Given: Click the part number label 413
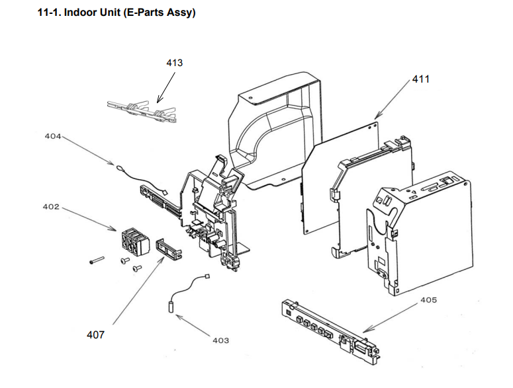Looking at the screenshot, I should point(174,63).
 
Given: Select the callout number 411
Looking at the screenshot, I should point(421,79).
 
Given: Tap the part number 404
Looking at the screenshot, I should point(52,136).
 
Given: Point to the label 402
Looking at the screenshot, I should point(51,207).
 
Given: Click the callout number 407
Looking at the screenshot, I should point(95,334).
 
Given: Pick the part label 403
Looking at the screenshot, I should point(220,340).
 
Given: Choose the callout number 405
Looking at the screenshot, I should point(428,300).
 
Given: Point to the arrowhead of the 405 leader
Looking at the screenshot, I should point(363,330).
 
